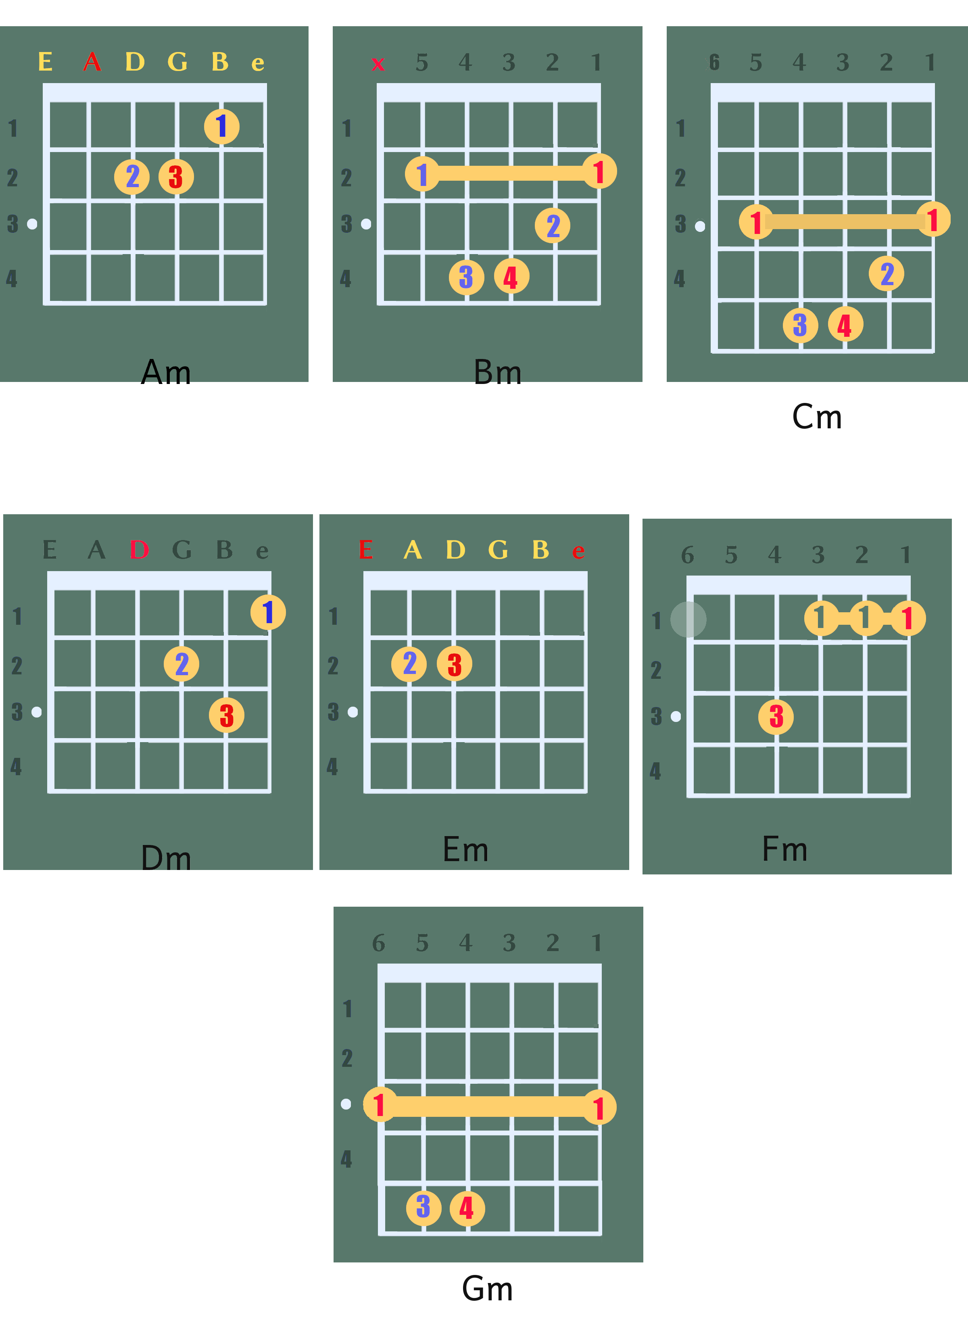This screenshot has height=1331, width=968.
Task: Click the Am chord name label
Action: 166,372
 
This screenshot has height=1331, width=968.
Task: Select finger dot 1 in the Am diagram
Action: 222,126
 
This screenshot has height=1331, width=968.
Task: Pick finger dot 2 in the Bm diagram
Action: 553,225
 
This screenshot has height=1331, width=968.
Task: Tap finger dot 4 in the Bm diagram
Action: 511,276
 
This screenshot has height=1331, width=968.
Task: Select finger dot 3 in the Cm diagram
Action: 801,325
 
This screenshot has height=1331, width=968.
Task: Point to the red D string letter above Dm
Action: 139,550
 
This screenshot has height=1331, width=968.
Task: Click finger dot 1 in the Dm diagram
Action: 268,612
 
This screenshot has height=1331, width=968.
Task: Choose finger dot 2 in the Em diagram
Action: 409,664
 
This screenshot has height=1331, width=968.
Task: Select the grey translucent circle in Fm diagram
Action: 688,619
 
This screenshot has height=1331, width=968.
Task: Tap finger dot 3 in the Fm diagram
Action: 776,717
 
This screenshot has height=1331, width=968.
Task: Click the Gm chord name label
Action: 487,1288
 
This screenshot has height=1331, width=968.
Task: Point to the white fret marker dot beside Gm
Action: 346,1104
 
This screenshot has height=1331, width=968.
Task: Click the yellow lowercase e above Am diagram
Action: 258,63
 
